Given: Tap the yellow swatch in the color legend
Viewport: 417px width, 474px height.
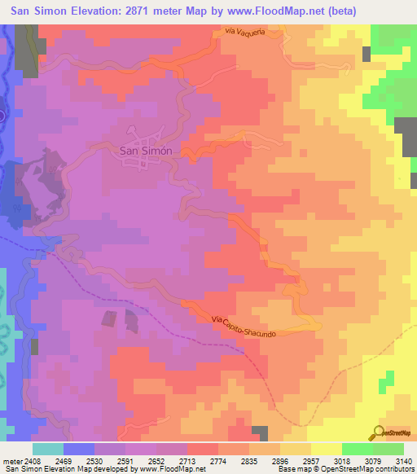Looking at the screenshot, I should (326, 449).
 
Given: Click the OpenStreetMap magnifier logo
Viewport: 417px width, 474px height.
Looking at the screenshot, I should (380, 432).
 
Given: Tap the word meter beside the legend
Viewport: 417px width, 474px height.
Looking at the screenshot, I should (11, 461).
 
